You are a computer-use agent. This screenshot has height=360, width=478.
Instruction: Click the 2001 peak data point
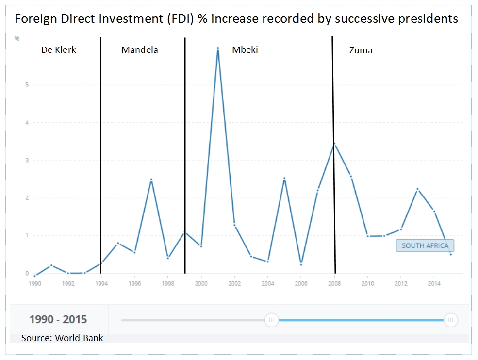pyautogui.click(x=218, y=48)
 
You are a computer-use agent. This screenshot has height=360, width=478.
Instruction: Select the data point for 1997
pyautogui.click(x=151, y=180)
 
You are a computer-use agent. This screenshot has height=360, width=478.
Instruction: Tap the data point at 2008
pyautogui.click(x=334, y=144)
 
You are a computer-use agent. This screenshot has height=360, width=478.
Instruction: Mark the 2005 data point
pyautogui.click(x=284, y=179)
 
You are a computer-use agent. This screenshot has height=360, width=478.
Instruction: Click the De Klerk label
pyautogui.click(x=59, y=49)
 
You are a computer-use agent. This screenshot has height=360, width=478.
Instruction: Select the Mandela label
pyautogui.click(x=140, y=49)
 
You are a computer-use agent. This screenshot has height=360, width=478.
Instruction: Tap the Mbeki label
pyautogui.click(x=245, y=49)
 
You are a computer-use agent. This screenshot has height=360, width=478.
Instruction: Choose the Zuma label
pyautogui.click(x=361, y=50)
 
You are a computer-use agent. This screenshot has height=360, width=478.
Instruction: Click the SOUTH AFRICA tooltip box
pyautogui.click(x=425, y=245)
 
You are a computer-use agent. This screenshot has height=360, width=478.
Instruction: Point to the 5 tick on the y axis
pyautogui.click(x=27, y=85)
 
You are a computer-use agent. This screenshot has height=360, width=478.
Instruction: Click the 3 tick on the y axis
pyautogui.click(x=27, y=160)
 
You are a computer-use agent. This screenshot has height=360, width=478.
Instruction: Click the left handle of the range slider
pyautogui.click(x=272, y=320)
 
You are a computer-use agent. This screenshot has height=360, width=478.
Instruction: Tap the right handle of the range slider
pyautogui.click(x=451, y=320)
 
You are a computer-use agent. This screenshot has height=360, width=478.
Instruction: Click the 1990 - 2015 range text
pyautogui.click(x=58, y=319)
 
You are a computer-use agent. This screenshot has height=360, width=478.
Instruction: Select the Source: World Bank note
pyautogui.click(x=62, y=338)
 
